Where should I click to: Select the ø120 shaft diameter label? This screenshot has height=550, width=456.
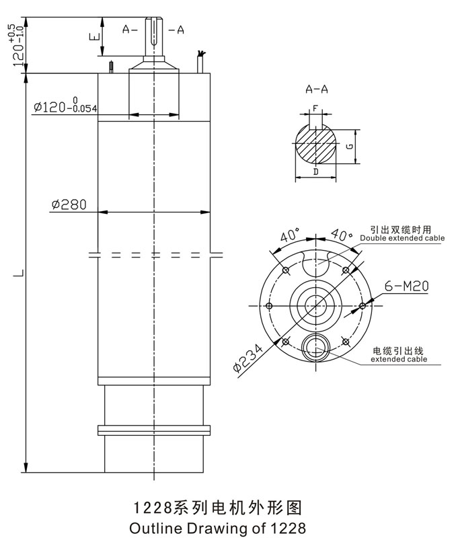[65, 106]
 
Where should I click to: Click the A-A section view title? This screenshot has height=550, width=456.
[316, 88]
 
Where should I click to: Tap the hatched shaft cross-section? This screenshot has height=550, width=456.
[315, 145]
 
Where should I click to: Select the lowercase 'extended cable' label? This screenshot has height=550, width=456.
[399, 360]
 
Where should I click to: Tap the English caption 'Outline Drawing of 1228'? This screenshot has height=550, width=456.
[219, 528]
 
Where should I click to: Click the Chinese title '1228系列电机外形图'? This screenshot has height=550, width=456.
[219, 506]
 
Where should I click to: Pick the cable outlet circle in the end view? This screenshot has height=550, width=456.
[315, 347]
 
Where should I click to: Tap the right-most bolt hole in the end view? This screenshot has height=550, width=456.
[363, 306]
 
